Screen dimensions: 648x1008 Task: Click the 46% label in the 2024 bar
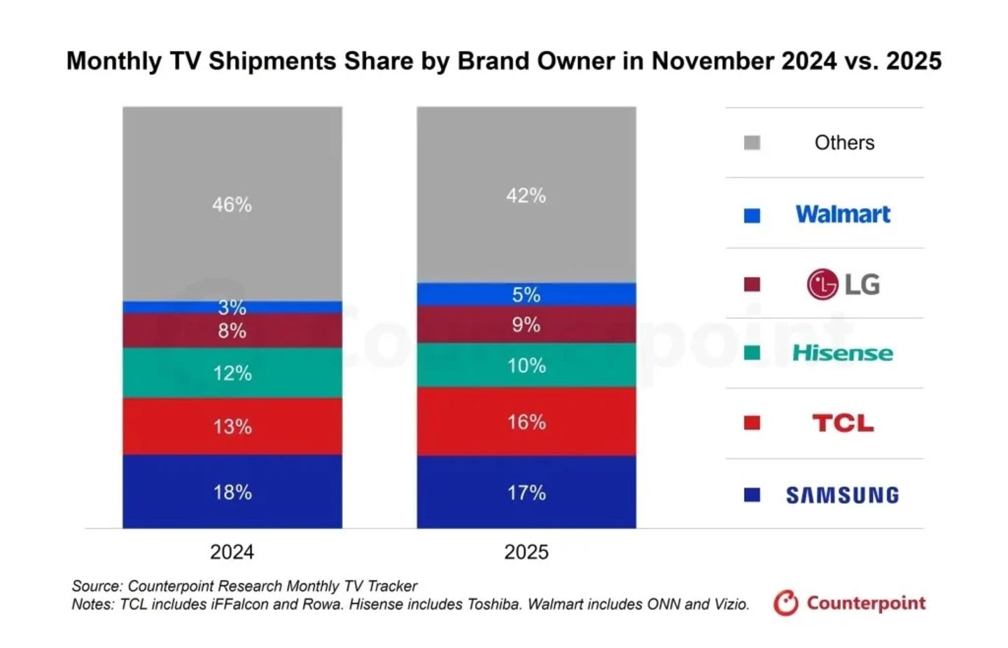tap(232, 204)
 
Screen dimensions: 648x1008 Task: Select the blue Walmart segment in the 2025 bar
tap(526, 294)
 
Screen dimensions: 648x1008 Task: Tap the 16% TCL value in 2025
tap(526, 422)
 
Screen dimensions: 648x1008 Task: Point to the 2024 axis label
tap(232, 551)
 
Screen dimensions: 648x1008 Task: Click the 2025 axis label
tap(526, 551)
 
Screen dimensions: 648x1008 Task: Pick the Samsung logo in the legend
tap(842, 495)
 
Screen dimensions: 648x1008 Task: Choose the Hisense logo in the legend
tap(842, 353)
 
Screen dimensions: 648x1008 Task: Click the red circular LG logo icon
tap(822, 284)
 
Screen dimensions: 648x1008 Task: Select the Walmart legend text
tap(843, 214)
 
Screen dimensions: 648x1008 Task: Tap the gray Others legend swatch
tap(752, 143)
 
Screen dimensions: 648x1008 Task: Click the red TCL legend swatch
tap(752, 423)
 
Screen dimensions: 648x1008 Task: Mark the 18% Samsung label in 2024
tap(232, 492)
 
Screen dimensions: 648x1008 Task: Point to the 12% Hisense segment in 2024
tap(232, 373)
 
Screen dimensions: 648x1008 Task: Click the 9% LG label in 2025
tap(526, 325)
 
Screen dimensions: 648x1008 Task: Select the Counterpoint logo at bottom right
tap(850, 603)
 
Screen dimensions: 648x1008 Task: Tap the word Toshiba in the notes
tap(493, 604)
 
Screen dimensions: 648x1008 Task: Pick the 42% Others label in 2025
tap(526, 195)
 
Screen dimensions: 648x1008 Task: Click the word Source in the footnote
tap(96, 586)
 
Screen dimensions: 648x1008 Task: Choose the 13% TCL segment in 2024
tap(232, 426)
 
